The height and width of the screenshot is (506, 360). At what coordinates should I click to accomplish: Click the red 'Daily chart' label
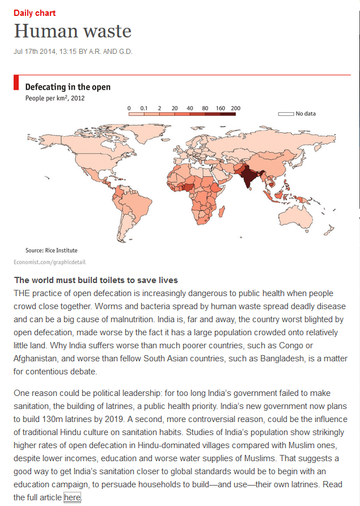point(35,13)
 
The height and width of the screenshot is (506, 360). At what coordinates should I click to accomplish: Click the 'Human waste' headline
point(73,31)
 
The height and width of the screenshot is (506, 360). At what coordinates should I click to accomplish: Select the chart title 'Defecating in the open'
point(67,87)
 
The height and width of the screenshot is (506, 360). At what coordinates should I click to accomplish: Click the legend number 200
point(235,108)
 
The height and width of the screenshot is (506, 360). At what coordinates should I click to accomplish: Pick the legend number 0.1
point(144,108)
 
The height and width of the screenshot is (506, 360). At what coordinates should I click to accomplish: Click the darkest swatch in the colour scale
point(228,113)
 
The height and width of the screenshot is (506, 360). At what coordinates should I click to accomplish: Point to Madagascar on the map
point(219,212)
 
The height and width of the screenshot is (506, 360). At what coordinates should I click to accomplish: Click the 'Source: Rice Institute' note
point(52,250)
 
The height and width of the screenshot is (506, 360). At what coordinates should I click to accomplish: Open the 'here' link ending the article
point(72,497)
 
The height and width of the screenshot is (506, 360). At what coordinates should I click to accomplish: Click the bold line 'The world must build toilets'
point(96,280)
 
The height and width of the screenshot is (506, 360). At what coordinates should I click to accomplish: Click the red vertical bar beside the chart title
point(16,83)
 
